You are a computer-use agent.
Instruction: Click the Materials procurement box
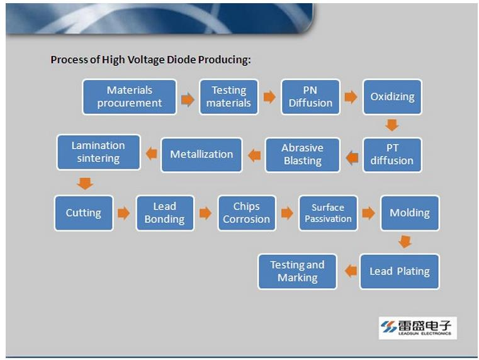[130, 97]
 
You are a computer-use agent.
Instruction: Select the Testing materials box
[229, 97]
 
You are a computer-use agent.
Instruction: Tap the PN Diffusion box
[310, 97]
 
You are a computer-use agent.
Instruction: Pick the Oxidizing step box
[392, 97]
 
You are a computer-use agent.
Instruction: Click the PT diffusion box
[392, 155]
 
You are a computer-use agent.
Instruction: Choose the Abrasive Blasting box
[302, 155]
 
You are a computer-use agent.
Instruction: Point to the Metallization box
[201, 155]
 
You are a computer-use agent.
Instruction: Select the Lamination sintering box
[98, 152]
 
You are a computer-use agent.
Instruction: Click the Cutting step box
[84, 213]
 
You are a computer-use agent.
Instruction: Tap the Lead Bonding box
[165, 213]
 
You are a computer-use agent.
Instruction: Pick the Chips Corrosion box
[247, 213]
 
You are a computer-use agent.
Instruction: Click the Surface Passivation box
[328, 213]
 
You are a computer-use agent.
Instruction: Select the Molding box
[410, 213]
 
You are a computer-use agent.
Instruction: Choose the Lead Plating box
[400, 271]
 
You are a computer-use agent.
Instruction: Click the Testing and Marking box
[297, 271]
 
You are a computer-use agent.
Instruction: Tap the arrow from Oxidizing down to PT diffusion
[392, 125]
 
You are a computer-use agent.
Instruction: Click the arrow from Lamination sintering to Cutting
[85, 184]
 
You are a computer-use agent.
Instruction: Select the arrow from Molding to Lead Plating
[405, 242]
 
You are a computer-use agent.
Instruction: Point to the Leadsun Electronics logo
[417, 328]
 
